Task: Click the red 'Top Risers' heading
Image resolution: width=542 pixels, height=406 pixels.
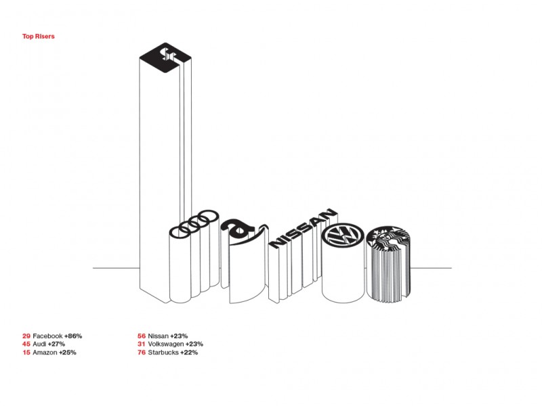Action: pos(39,37)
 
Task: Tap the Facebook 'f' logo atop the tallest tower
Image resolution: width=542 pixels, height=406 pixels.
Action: pos(165,58)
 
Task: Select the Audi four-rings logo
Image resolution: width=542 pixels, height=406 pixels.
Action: pos(194,224)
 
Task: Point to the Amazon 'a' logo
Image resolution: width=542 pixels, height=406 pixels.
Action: pos(239,230)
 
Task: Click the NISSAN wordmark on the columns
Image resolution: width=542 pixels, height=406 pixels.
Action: pos(303,227)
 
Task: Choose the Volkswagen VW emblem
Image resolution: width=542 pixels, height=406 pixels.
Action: pos(343,235)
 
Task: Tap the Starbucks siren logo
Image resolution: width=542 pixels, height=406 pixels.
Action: pos(388,238)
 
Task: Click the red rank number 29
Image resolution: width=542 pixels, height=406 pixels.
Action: pos(26,336)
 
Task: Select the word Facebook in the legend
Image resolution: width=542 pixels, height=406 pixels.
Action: pos(47,336)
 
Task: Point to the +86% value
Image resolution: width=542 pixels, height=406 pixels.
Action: pos(73,336)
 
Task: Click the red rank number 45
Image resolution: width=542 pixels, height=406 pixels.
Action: pos(26,344)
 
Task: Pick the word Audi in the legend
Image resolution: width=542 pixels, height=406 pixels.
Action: pos(39,344)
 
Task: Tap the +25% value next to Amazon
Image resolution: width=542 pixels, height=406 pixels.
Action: pos(67,353)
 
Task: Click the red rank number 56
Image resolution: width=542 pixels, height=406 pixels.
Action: pos(142,336)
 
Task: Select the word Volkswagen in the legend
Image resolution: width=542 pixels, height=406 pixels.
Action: pos(166,344)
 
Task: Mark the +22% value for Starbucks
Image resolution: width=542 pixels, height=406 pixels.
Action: pos(189,353)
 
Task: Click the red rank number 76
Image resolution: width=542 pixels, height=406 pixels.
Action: pos(142,353)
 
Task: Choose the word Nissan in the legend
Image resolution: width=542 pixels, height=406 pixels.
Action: pos(159,336)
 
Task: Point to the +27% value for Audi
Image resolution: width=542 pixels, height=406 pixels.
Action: pos(56,344)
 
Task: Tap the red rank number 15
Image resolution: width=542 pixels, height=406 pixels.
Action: pos(26,353)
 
